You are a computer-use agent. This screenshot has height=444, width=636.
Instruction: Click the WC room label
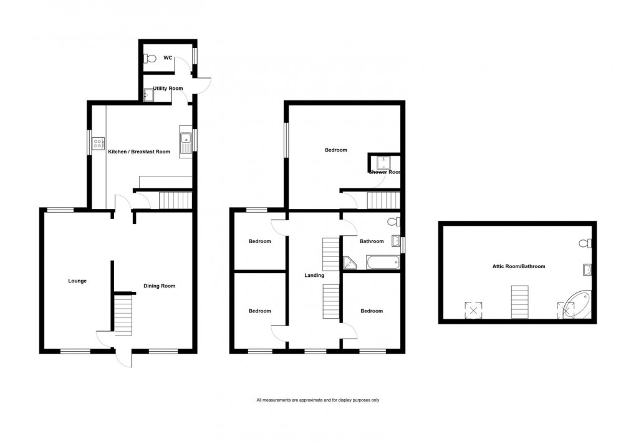tap(168, 57)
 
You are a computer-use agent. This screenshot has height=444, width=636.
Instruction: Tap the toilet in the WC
tap(149, 58)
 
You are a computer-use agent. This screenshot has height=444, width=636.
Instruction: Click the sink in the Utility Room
tap(149, 95)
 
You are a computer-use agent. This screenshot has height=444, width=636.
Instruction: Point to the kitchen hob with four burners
tap(99, 145)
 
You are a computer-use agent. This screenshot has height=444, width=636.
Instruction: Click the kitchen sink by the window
tap(185, 143)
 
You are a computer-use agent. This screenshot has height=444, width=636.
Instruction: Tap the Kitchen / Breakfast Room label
tap(139, 152)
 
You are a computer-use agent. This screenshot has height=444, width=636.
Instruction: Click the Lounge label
tap(77, 281)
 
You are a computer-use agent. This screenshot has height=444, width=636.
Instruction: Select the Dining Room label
tap(160, 286)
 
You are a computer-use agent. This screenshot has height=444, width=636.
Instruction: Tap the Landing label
tap(313, 275)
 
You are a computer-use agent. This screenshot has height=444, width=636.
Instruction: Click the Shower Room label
tap(384, 172)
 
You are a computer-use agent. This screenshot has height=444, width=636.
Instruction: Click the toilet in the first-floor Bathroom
tap(392, 221)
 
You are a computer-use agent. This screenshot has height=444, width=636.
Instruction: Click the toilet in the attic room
tap(585, 243)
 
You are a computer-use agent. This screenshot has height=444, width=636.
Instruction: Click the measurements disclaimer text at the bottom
tap(318, 400)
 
